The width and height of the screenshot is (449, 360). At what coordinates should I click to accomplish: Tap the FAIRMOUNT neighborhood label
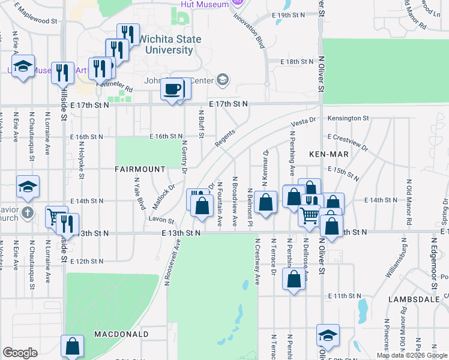[x=140, y=170]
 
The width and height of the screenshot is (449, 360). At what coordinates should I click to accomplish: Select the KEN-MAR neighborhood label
[x=329, y=154]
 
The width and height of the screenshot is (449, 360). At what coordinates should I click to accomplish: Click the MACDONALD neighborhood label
[x=121, y=334]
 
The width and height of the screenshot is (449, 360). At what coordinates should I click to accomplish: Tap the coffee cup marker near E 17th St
[x=173, y=89]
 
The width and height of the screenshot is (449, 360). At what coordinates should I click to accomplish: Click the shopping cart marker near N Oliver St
[x=310, y=215]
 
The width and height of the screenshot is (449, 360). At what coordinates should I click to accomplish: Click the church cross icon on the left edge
[x=26, y=212]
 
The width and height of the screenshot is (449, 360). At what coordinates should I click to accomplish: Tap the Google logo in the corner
[x=20, y=353]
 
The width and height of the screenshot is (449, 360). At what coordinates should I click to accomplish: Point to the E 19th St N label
[x=292, y=14]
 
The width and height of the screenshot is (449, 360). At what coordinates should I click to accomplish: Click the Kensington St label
[x=348, y=119]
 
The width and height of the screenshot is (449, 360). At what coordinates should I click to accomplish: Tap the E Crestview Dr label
[x=348, y=141]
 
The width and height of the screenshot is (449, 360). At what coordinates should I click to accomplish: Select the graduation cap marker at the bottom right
[x=328, y=335]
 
